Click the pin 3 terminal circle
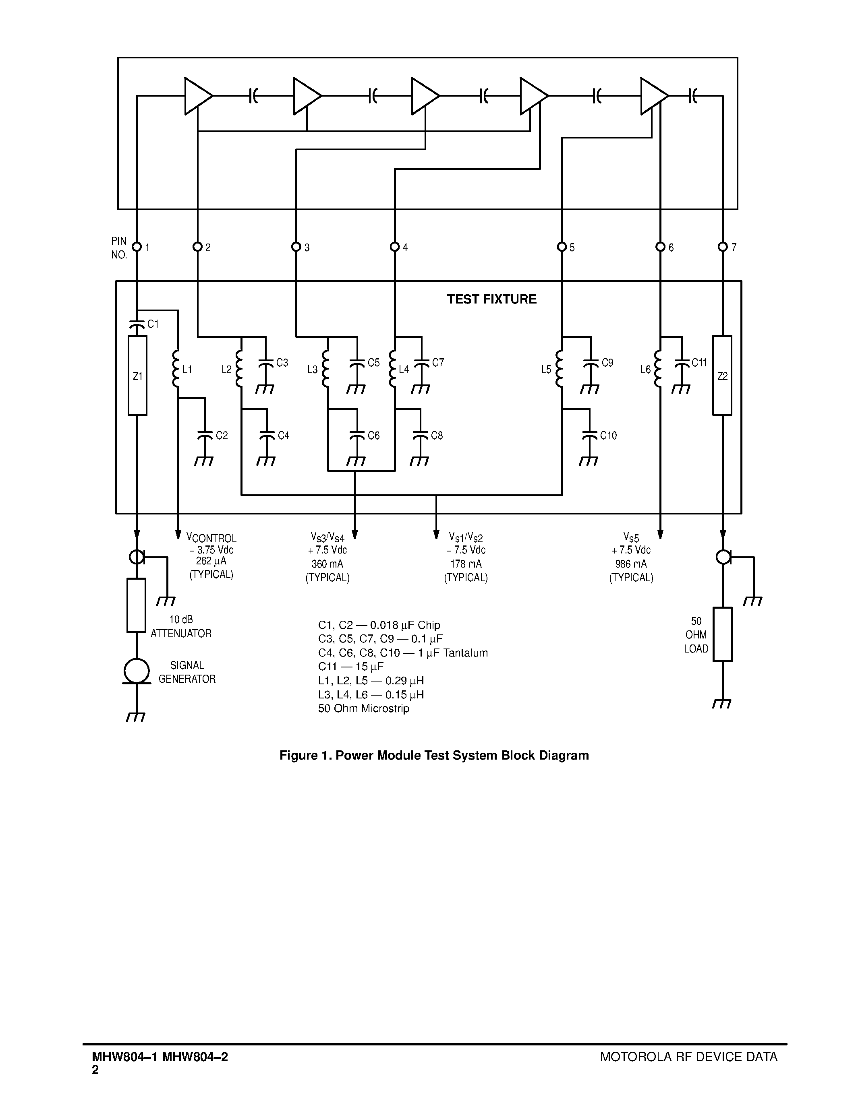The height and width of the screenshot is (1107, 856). [296, 247]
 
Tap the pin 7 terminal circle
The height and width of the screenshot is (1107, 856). [723, 247]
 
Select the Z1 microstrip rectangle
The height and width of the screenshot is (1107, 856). [137, 376]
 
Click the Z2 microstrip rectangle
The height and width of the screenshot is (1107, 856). [723, 376]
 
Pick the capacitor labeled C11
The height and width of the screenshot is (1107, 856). [682, 363]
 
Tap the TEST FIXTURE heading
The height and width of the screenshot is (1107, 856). [491, 299]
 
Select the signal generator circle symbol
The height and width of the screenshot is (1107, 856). [137, 671]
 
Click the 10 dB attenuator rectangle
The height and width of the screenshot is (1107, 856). [137, 605]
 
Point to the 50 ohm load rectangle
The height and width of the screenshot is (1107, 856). [723, 634]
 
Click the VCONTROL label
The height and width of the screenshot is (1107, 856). [211, 538]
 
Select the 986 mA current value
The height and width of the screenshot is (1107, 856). [631, 564]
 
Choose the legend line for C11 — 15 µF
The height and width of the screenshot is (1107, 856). [350, 667]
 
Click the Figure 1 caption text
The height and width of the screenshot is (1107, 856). [434, 756]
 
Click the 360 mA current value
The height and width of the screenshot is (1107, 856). [327, 564]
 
